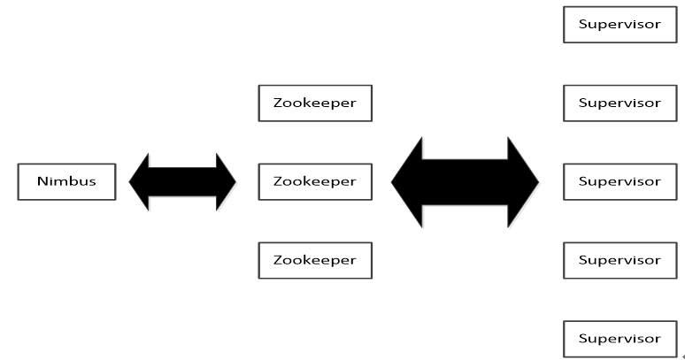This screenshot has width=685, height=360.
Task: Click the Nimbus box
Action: coord(66,181)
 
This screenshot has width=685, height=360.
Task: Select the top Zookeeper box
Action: coord(315,103)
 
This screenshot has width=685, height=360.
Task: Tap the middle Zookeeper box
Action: coord(315,181)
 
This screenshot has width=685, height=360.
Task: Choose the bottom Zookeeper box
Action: coord(315,260)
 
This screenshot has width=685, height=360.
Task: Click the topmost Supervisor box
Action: coord(620,24)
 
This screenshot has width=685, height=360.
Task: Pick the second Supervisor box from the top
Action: coord(620,103)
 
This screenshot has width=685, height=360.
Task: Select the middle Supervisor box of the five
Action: coord(620,181)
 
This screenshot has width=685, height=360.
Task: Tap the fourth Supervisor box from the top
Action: coord(620,260)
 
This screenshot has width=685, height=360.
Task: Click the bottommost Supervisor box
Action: coord(620,339)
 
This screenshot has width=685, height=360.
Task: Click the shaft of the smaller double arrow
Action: coord(183,182)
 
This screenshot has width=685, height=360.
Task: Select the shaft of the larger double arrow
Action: coord(466,182)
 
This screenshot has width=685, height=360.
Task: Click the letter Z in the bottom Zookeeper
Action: coord(278,260)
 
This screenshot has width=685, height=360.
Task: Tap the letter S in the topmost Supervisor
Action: coord(583,24)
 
